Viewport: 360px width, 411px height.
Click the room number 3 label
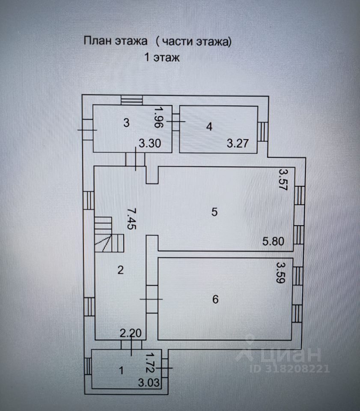pos(126,123)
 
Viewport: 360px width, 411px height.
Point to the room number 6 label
pos(215,299)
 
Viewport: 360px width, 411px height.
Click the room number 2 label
pos(120,270)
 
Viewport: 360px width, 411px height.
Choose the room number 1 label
pos(121,371)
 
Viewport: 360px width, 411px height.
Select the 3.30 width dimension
pos(149,144)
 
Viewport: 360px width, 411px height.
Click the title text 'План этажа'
pos(116,42)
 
